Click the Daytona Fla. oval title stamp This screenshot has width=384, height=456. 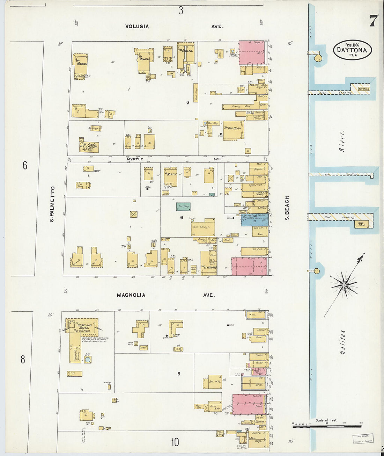tap(352, 50)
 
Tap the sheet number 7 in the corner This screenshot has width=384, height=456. tap(373, 21)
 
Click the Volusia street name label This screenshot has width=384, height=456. tap(137, 26)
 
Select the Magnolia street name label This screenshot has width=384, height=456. tap(131, 295)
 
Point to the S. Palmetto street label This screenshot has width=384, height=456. tap(52, 204)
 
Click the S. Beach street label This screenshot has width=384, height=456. tap(287, 208)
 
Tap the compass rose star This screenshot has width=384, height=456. tap(344, 285)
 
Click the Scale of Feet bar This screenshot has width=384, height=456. tap(327, 425)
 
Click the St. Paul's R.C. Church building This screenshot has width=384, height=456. tap(89, 146)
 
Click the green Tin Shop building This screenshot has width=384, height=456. tap(183, 207)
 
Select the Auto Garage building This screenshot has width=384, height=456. tap(202, 227)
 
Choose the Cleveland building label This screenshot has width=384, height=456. tap(209, 267)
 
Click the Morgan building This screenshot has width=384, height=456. tap(81, 64)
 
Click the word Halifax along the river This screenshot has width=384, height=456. tap(342, 342)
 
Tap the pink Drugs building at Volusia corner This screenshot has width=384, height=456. tap(252, 52)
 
